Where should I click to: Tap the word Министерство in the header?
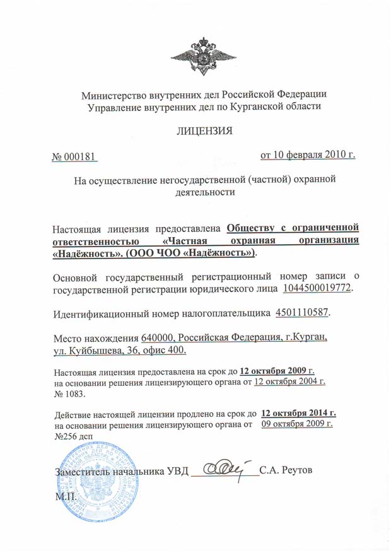[114, 95]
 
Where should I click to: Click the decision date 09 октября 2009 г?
[297, 424]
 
